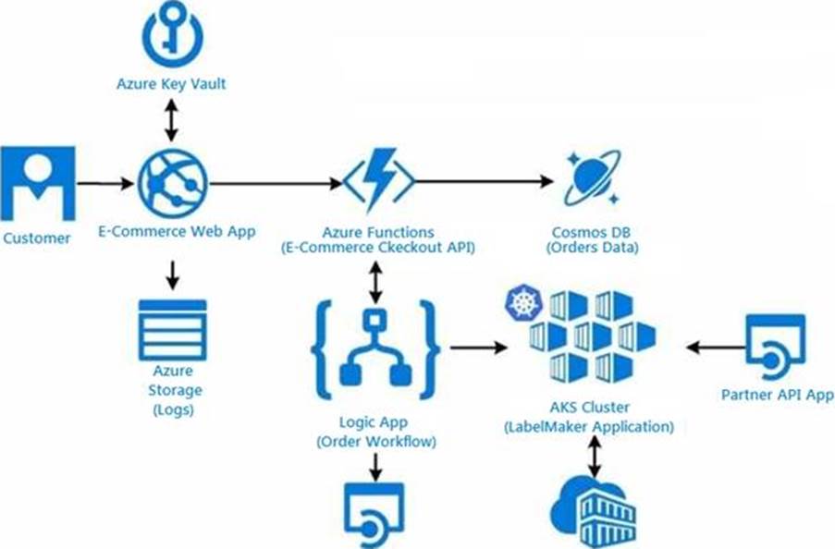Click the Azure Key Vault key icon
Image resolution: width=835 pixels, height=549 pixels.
point(172,33)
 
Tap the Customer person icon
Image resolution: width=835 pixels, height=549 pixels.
point(38,182)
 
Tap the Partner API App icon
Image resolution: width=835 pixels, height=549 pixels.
point(776,347)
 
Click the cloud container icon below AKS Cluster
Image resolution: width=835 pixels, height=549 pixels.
point(588,512)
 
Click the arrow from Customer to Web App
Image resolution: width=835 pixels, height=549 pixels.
point(104,183)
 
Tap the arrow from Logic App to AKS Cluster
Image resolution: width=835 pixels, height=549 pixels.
point(477,348)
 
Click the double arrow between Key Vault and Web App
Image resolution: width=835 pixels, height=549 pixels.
point(172,119)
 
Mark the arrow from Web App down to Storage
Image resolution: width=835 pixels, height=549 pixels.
point(172,274)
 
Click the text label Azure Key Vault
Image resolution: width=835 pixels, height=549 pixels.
point(172,84)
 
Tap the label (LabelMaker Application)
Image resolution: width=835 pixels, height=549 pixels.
point(588,427)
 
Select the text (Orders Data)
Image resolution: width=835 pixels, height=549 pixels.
point(593,248)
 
